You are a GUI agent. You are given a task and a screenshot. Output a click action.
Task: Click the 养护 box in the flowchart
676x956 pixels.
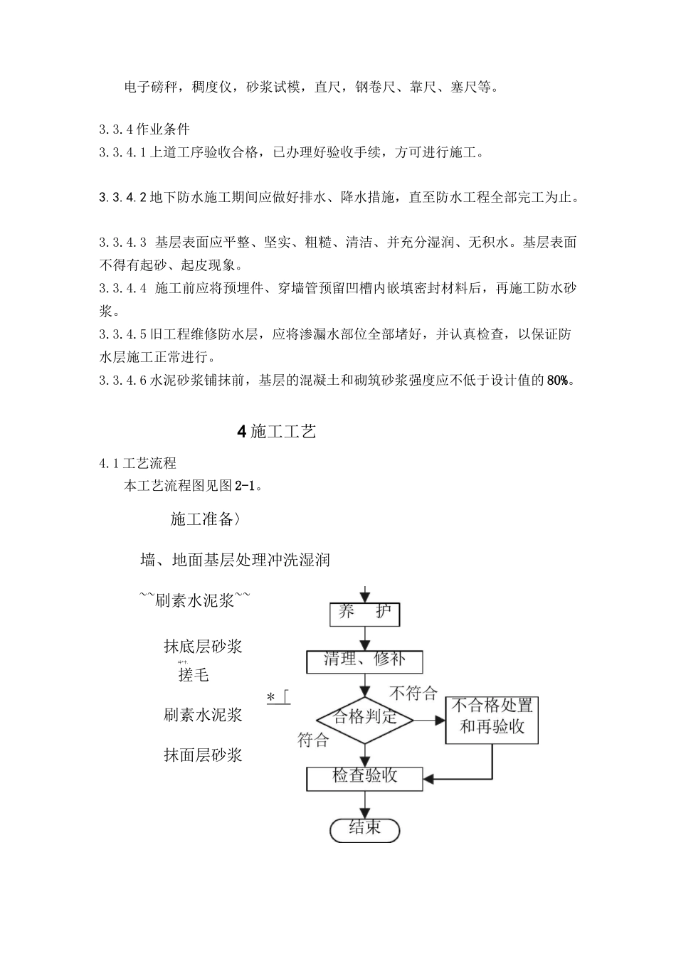[364, 614]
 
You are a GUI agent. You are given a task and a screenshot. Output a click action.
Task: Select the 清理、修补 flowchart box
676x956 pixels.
[364, 662]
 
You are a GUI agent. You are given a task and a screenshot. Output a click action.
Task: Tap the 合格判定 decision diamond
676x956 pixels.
[364, 718]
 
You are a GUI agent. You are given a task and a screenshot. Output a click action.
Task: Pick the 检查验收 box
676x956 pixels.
[364, 777]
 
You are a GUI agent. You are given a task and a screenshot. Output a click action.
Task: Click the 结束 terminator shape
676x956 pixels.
[364, 829]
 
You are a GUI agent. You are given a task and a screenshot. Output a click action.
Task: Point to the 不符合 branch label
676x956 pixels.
[413, 692]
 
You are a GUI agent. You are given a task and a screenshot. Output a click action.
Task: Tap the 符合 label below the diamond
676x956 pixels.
[313, 740]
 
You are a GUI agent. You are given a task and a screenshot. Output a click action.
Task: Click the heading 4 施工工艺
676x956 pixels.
[276, 431]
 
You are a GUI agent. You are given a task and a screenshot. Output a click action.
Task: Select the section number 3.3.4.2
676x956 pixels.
[122, 197]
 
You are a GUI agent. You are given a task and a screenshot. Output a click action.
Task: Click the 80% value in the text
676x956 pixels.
[558, 380]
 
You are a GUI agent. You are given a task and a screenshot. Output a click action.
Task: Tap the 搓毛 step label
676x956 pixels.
[194, 675]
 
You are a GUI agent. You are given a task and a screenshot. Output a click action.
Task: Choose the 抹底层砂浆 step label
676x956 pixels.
[203, 646]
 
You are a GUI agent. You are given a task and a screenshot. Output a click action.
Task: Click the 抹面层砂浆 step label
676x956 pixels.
[203, 755]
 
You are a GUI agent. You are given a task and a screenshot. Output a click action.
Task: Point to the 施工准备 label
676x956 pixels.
[202, 519]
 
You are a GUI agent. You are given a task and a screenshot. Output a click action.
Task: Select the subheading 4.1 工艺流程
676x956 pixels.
[138, 464]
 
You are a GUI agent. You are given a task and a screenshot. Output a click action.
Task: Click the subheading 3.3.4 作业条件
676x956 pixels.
[144, 129]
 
